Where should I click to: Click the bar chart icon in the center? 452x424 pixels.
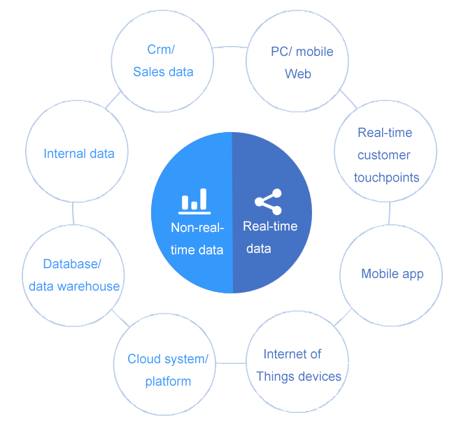coord(194,200)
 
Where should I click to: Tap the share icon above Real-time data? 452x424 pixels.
coord(268,201)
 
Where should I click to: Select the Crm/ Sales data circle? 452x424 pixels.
coord(163,61)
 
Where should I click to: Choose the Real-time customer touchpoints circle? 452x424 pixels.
coord(386,154)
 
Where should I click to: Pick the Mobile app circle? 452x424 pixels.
coord(391,274)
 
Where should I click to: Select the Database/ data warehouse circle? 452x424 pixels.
coord(73,275)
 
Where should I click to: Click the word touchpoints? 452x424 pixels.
coord(386,177)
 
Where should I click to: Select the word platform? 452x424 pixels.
coord(168,381)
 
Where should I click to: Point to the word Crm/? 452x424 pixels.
coord(161,50)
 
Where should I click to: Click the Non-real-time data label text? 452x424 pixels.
coord(197,238)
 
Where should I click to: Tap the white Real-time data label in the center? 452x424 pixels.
coord(270,237)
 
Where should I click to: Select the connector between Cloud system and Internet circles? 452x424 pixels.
coord(231,363)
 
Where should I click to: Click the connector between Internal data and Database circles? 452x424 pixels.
coord(73,213)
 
